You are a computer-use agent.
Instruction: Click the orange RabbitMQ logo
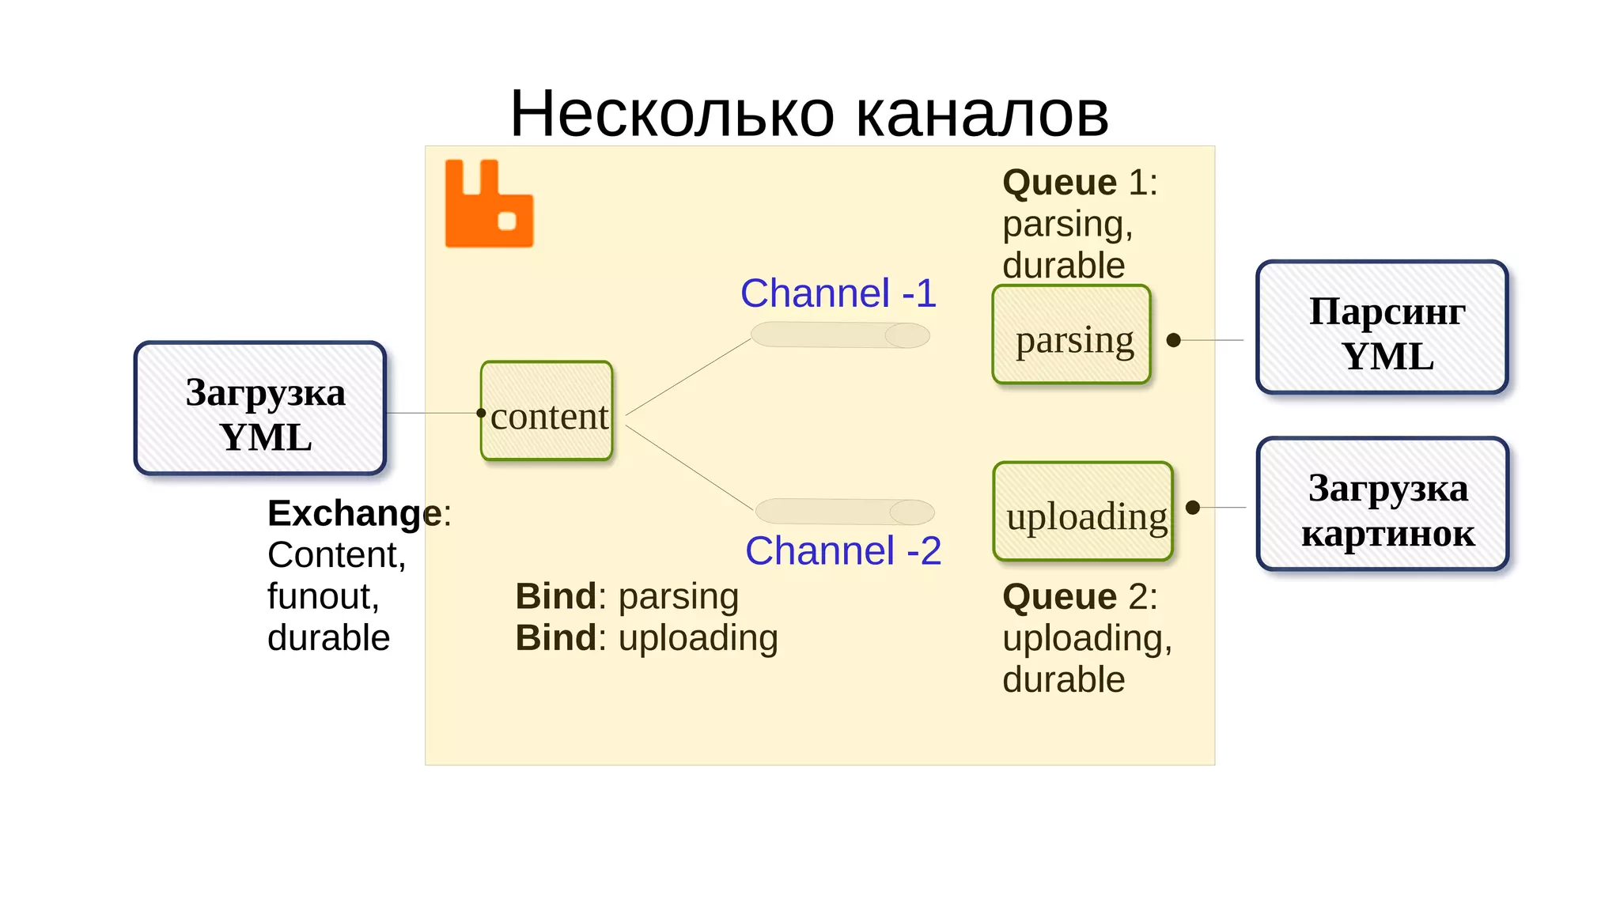489,204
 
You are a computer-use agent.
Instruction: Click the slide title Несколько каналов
809,114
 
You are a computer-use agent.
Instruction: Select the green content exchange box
547,411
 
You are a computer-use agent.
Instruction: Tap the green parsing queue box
1072,335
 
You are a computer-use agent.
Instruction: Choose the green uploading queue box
1083,512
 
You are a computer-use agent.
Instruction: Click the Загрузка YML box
260,409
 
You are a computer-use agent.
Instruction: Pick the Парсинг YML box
1382,327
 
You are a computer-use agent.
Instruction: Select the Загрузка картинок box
1383,505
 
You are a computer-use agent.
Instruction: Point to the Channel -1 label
838,293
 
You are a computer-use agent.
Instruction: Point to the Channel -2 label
843,551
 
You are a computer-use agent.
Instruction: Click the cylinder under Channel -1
840,335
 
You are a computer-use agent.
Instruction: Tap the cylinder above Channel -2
845,512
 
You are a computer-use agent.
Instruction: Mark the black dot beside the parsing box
1174,340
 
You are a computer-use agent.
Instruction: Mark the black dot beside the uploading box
1193,508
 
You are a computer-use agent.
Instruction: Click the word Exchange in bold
354,513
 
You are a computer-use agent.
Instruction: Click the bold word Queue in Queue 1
1059,183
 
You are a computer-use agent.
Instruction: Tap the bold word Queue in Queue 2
1059,596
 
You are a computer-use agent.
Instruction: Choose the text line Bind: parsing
626,596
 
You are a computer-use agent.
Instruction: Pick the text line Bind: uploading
646,638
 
